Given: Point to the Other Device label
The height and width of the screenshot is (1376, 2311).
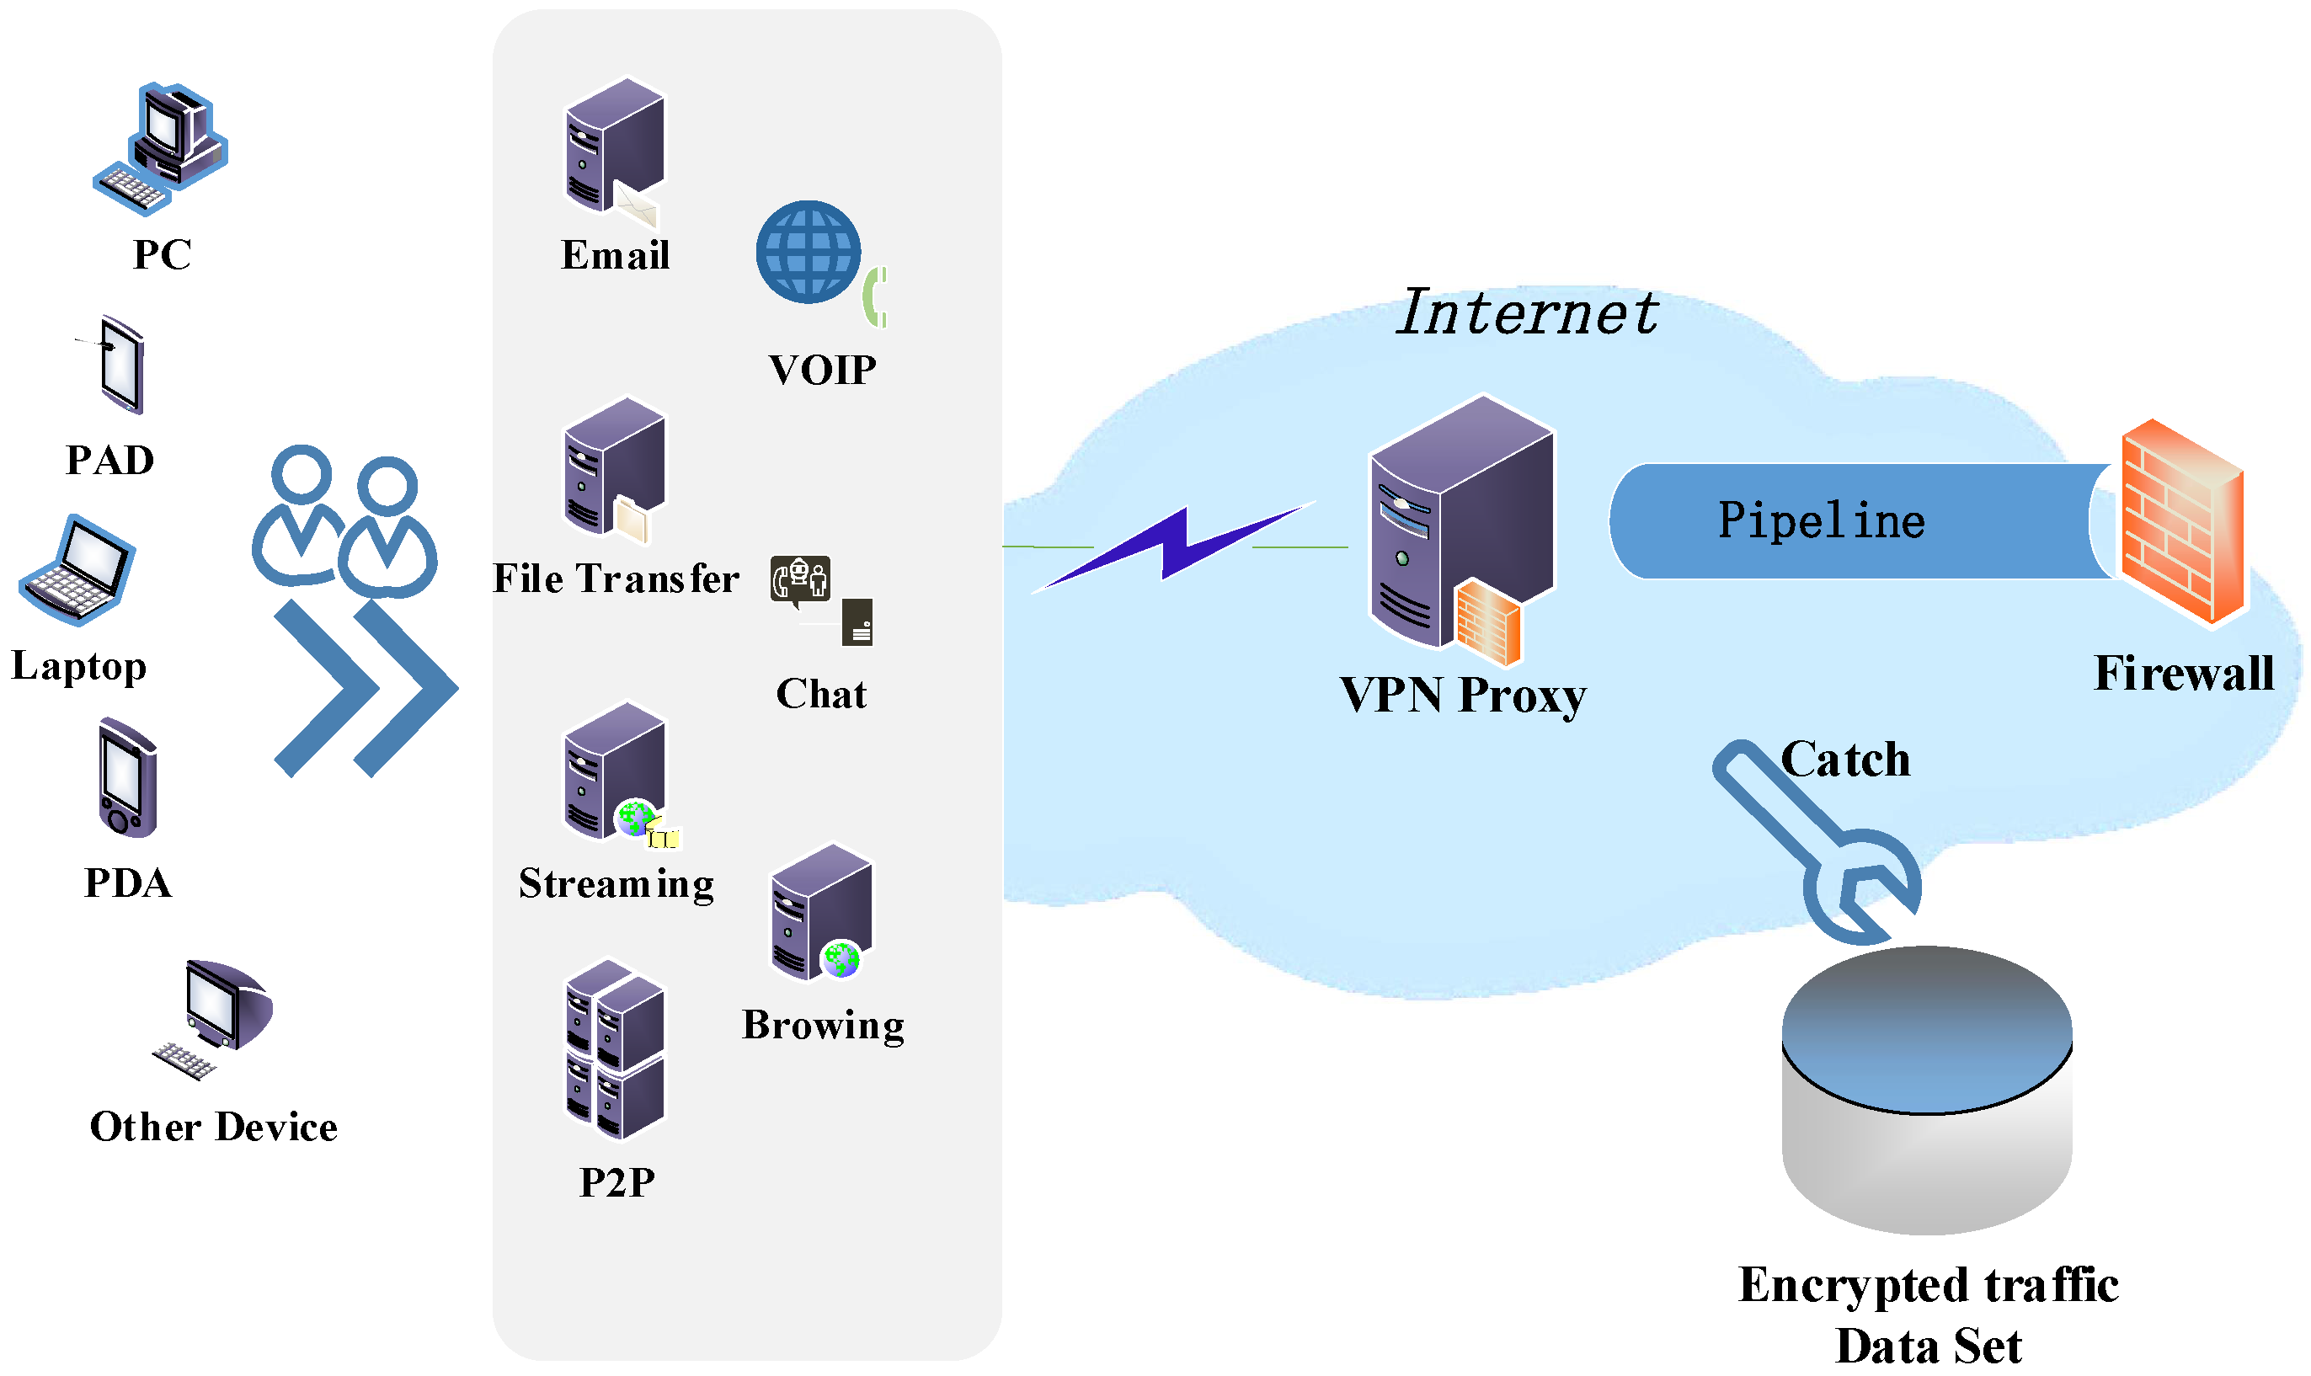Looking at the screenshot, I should [x=213, y=1127].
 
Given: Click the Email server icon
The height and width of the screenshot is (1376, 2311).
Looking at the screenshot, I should [x=613, y=148].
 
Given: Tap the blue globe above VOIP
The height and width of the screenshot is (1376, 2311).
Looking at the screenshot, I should [x=808, y=251].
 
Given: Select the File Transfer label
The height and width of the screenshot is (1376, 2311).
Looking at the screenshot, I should [x=615, y=579].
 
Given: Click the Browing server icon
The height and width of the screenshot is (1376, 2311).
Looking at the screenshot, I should [x=820, y=914].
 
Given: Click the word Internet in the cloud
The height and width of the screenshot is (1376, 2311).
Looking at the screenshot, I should [x=1526, y=312].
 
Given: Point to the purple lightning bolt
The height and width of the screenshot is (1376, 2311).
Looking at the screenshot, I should [x=1173, y=547].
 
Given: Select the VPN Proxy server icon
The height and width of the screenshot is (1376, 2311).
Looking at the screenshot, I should [x=1460, y=529].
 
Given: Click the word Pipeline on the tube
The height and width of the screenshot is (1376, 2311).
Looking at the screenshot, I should [x=1821, y=520].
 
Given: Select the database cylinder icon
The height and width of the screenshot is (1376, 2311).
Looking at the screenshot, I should [x=1926, y=1090].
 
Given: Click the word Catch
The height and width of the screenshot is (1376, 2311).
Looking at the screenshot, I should [x=1845, y=760].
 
